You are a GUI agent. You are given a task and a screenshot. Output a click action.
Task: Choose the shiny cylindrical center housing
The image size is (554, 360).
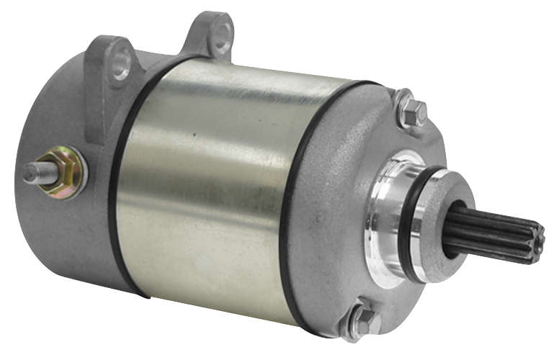click(209, 187)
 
